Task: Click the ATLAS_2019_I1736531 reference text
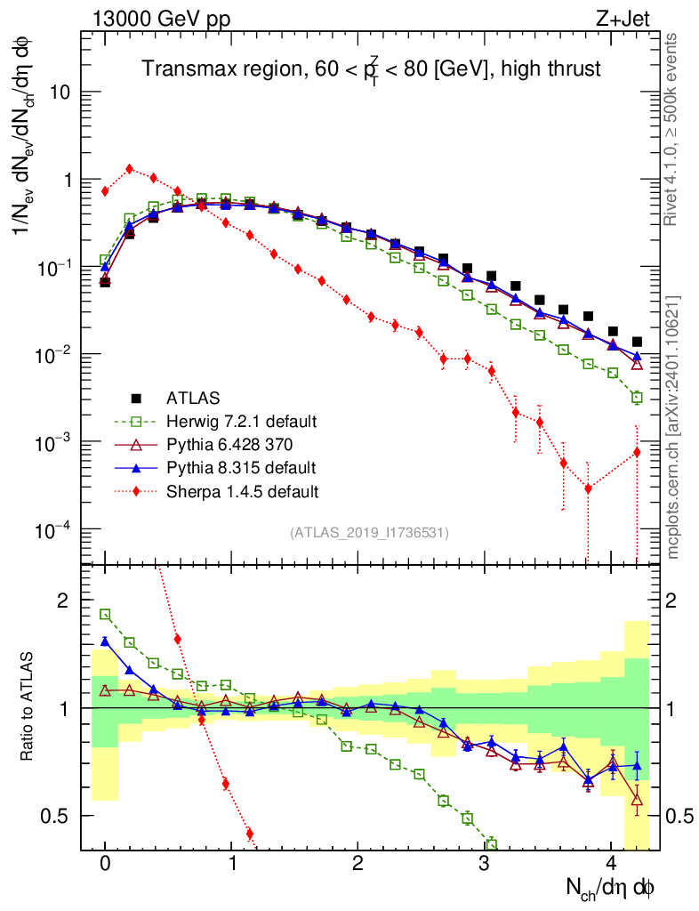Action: point(369,533)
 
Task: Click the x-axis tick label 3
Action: point(485,862)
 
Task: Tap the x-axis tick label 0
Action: point(105,862)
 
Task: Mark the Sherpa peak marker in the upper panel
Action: point(130,169)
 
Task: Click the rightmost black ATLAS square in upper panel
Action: point(637,342)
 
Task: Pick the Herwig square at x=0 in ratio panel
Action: point(105,614)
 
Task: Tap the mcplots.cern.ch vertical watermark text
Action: point(673,427)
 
